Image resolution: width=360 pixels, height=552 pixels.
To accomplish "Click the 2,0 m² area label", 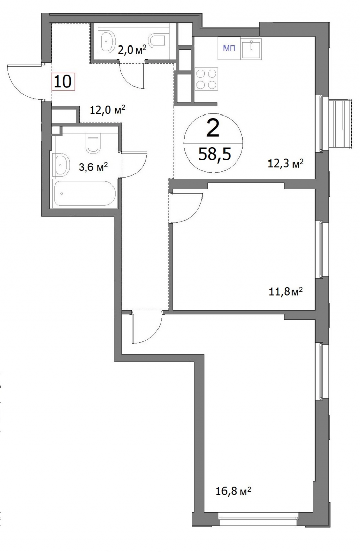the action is coord(132,50).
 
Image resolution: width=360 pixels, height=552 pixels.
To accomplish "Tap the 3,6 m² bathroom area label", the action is coord(93,167).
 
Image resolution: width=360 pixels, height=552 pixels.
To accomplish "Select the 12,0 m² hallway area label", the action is coord(108,110).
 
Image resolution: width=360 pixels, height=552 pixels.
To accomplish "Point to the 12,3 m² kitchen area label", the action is coord(286,164).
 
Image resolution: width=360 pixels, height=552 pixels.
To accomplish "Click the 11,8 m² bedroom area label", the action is coord(286,292).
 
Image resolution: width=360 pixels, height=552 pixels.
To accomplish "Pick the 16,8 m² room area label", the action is coord(233,491).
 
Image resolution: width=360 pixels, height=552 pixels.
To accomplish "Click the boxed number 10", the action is coord(63,82).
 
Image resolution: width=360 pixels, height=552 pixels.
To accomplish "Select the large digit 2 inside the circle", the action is coord(213,128).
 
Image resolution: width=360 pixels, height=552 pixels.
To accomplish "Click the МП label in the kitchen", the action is coord(229,48).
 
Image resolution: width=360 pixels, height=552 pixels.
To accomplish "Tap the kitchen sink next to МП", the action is coord(251,48).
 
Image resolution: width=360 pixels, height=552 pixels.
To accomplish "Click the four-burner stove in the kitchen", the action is coord(206,79).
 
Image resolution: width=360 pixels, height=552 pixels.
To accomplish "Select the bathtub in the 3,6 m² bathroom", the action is coord(84,193).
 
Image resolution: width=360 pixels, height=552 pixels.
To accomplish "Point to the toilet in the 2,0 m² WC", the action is coord(156,40).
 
